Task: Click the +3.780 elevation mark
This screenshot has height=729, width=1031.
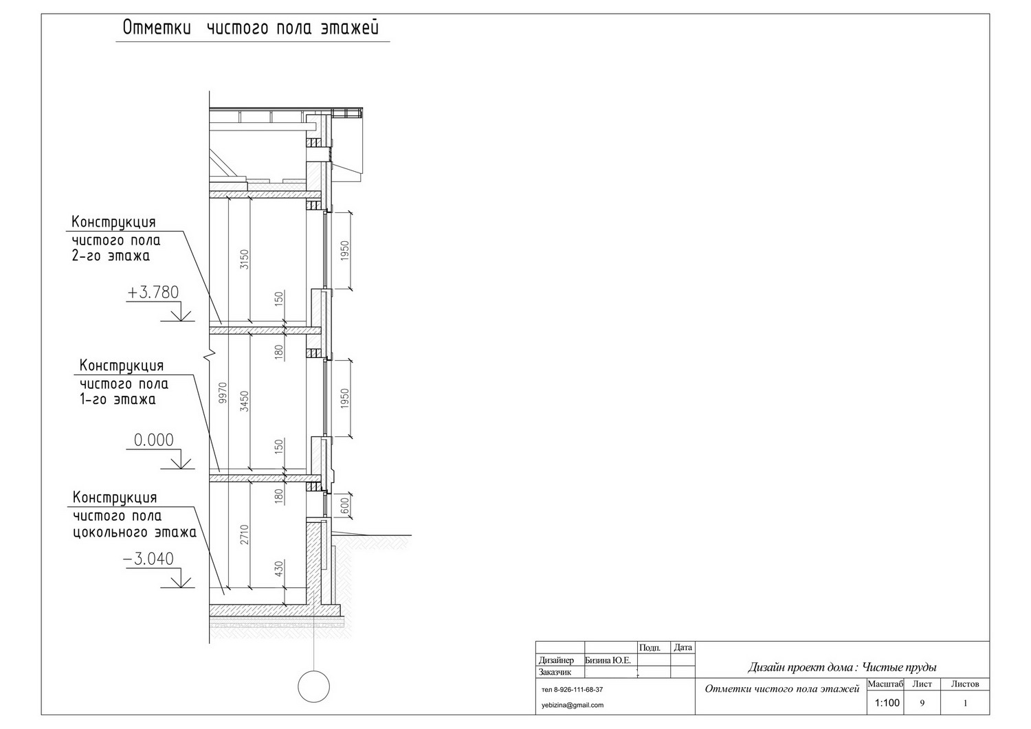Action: [153, 293]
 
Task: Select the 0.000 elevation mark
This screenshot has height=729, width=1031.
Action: [154, 440]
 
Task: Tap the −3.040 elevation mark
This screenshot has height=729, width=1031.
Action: [148, 559]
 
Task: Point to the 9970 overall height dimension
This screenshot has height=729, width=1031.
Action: [223, 392]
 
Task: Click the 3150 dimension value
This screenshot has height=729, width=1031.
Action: [245, 259]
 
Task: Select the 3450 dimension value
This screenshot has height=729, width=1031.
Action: [245, 401]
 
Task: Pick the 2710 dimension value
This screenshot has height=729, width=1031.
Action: [245, 535]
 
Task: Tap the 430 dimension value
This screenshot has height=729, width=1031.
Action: [279, 570]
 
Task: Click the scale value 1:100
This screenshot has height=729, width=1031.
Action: [887, 703]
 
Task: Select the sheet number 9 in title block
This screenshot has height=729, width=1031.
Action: [922, 703]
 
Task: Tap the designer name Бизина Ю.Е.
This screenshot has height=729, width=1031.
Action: [608, 660]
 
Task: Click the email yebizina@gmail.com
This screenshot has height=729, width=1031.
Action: [573, 705]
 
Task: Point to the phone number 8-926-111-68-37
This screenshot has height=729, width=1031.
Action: [578, 690]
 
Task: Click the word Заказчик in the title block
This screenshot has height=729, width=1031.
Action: [555, 673]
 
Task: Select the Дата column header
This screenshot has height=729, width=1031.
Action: [683, 647]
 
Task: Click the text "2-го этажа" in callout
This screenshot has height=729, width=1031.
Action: [111, 256]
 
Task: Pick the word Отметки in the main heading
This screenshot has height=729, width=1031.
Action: [157, 27]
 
